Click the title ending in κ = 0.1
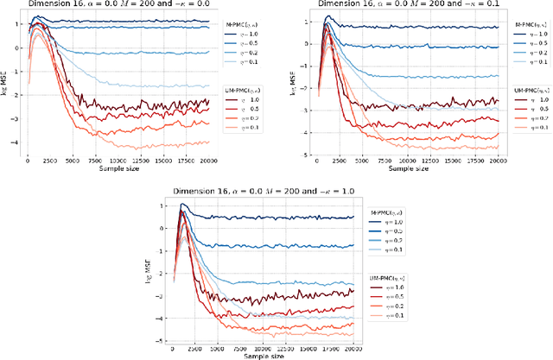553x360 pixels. pyautogui.click(x=398, y=5)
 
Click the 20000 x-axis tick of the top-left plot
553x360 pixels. pyautogui.click(x=210, y=159)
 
